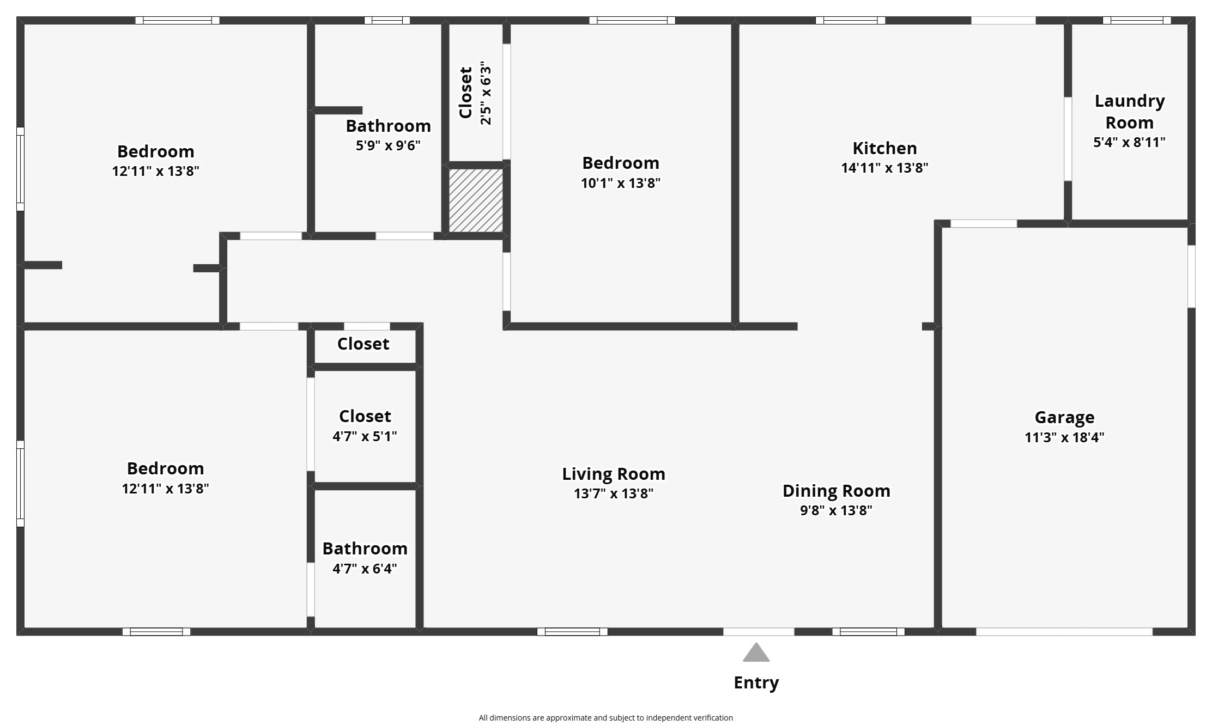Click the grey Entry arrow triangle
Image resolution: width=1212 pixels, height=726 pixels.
(756, 654)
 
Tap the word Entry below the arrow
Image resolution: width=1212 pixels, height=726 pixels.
(756, 682)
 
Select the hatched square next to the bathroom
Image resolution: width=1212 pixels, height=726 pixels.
(476, 200)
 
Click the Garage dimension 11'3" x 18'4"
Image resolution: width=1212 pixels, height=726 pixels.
(1064, 437)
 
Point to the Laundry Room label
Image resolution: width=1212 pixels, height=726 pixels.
(1129, 112)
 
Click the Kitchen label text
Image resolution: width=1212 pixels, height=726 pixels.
(884, 148)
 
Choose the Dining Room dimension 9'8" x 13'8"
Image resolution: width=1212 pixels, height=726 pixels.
(836, 510)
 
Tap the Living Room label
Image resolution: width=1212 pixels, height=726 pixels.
(613, 474)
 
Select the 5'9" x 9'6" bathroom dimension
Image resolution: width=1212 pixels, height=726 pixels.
(388, 145)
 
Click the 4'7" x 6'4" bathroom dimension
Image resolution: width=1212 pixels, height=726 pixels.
(365, 569)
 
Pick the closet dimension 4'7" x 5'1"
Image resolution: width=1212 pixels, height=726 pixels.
(365, 436)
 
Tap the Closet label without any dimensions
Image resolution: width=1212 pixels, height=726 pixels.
(363, 344)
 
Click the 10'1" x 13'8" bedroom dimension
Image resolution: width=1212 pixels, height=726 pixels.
(620, 183)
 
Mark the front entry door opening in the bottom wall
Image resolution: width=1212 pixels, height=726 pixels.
(758, 632)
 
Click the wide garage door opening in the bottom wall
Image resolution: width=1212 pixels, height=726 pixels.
(1064, 632)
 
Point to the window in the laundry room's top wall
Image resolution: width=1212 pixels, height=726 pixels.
(1136, 21)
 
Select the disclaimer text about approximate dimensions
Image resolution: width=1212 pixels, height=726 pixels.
(605, 718)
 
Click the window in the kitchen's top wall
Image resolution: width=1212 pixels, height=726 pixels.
(850, 21)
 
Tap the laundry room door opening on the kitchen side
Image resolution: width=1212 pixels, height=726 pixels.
(1068, 139)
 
